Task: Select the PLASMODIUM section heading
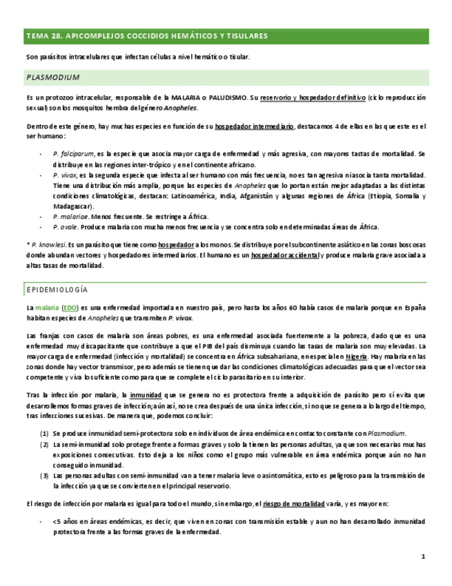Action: tap(52, 77)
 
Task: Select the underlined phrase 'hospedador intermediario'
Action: tap(255, 126)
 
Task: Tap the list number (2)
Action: tap(44, 444)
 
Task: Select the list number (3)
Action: tap(44, 475)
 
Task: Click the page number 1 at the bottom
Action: tap(422, 556)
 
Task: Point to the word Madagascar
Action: tap(72, 206)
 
